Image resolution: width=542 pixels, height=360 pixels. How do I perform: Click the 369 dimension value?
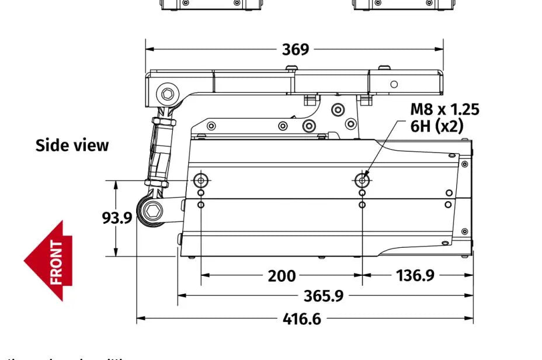[296, 49]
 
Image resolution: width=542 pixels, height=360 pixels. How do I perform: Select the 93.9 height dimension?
[117, 217]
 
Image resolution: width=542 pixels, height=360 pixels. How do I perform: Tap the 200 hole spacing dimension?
[282, 275]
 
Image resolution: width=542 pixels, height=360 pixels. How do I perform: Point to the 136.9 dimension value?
[415, 275]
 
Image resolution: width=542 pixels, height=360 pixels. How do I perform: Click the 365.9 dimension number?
[323, 296]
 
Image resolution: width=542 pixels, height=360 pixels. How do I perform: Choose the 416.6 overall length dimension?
[301, 319]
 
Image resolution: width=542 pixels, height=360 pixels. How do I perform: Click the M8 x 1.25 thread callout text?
[444, 109]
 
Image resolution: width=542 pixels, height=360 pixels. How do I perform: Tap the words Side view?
[72, 146]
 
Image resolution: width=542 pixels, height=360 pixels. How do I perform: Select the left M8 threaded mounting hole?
[201, 179]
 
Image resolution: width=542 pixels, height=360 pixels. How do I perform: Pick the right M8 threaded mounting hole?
[363, 179]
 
